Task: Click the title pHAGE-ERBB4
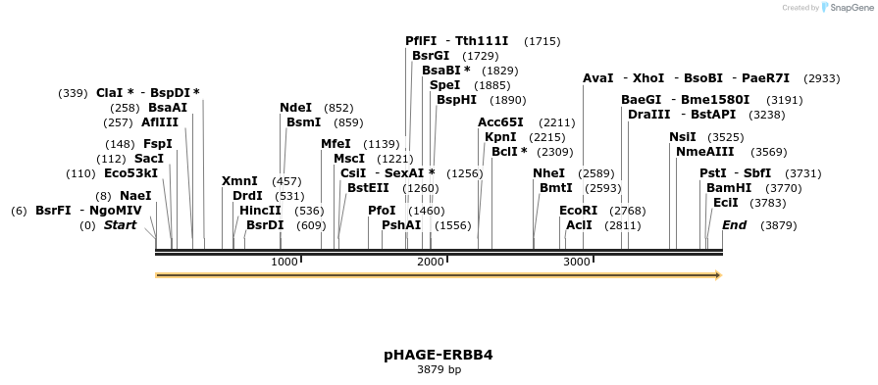(439, 355)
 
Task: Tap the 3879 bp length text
(439, 370)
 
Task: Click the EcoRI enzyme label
(578, 211)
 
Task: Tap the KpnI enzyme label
(500, 137)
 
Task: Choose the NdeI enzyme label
(295, 108)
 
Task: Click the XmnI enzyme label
(239, 181)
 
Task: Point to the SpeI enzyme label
(444, 85)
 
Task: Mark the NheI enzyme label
(548, 173)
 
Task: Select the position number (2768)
(628, 211)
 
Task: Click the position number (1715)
(542, 41)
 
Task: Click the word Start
(120, 225)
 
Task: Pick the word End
(734, 225)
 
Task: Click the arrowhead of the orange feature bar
(718, 275)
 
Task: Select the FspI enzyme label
(157, 144)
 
